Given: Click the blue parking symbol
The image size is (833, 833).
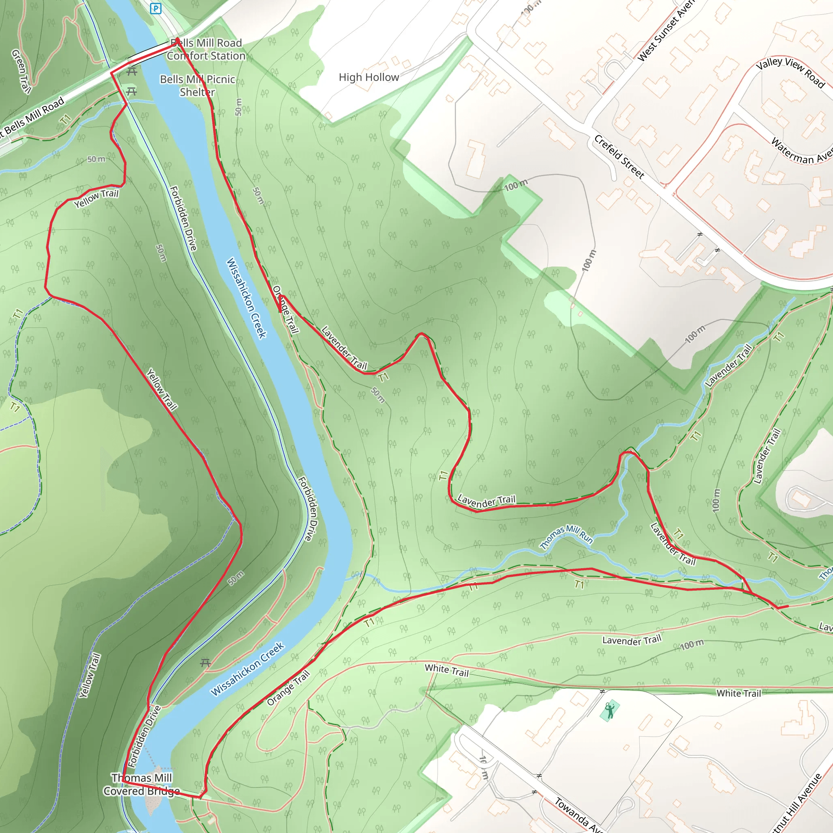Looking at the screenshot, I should click(x=156, y=8).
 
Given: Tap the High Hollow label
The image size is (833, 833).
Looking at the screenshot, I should click(x=369, y=78).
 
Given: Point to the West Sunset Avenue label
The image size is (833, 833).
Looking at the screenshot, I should click(x=667, y=30).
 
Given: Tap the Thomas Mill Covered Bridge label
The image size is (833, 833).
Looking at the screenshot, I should click(x=142, y=784).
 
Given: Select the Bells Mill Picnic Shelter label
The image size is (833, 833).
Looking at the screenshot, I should click(x=197, y=85).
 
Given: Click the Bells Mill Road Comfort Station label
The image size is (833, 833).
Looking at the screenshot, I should click(x=206, y=49).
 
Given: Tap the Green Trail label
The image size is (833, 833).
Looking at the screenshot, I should click(x=21, y=71).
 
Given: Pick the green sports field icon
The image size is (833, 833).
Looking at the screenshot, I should click(x=609, y=711).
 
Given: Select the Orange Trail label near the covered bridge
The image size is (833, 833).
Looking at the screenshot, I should click(x=288, y=688).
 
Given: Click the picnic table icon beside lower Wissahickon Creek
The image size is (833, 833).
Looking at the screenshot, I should click(x=206, y=663).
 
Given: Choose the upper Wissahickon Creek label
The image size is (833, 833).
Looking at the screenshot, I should click(x=246, y=298).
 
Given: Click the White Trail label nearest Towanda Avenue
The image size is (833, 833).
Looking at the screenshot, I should click(x=446, y=670).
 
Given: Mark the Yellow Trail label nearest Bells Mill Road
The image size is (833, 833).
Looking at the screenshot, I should click(x=96, y=198).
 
